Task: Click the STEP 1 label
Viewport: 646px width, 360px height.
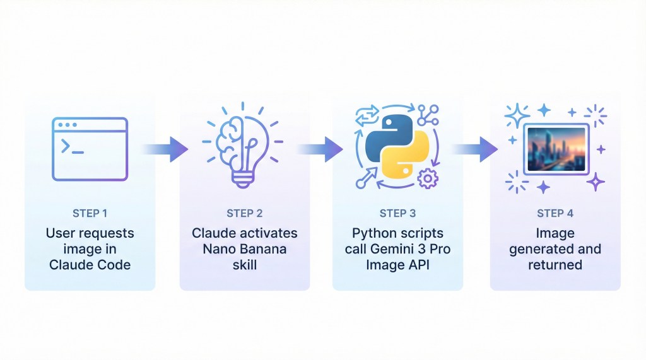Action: (90, 213)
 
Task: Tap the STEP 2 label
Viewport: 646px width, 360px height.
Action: (244, 213)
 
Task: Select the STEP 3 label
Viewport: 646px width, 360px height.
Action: (397, 213)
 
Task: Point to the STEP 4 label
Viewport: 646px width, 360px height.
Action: (555, 213)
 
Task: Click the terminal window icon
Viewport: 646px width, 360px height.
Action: (90, 149)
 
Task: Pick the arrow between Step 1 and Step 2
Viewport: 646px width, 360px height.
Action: (165, 149)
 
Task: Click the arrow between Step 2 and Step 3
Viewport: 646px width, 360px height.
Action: (320, 149)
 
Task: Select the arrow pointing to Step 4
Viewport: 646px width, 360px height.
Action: (476, 149)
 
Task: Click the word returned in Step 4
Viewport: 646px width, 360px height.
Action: (555, 265)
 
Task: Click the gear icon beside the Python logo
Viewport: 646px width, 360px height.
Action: (428, 178)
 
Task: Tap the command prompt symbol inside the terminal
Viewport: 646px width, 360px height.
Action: (68, 147)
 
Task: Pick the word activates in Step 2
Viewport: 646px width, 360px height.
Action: (269, 233)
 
